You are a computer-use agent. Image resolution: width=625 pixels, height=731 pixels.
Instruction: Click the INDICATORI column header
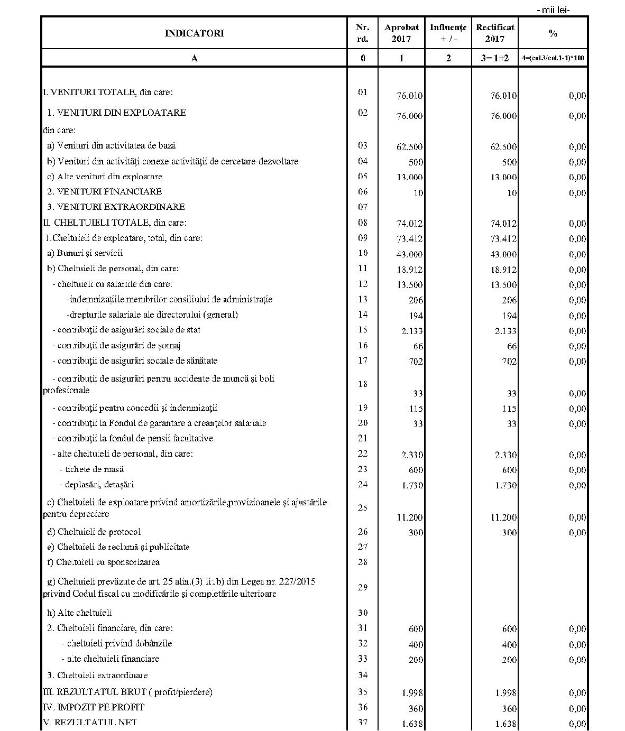(x=194, y=33)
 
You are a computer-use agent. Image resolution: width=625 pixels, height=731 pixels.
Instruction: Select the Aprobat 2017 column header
(x=401, y=33)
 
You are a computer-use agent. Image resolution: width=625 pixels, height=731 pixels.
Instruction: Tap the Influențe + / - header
(x=448, y=33)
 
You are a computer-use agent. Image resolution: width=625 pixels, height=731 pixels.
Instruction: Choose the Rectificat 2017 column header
(x=494, y=33)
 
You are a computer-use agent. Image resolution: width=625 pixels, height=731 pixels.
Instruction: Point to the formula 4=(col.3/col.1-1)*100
(x=553, y=58)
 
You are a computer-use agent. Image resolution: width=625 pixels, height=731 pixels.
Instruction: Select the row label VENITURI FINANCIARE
(x=105, y=191)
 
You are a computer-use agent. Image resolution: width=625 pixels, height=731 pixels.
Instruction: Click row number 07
(x=362, y=207)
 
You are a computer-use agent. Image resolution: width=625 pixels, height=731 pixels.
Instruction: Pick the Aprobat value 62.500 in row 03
(x=409, y=147)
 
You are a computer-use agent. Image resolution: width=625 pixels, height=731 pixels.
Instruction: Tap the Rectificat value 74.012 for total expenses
(x=503, y=224)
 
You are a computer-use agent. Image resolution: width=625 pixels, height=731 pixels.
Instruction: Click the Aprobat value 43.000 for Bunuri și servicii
(x=409, y=254)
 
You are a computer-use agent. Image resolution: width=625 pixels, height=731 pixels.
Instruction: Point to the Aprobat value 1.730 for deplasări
(x=411, y=485)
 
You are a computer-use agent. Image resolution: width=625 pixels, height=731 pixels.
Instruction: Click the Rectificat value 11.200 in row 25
(x=503, y=517)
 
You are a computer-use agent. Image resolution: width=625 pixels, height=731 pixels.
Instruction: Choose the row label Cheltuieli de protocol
(x=94, y=532)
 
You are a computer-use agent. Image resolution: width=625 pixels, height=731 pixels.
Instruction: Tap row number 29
(x=362, y=587)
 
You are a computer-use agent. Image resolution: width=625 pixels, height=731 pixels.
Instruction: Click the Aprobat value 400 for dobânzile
(x=416, y=644)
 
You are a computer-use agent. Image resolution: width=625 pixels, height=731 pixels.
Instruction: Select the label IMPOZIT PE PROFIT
(x=94, y=707)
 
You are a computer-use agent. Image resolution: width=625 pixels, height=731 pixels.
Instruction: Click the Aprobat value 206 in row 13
(x=416, y=300)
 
